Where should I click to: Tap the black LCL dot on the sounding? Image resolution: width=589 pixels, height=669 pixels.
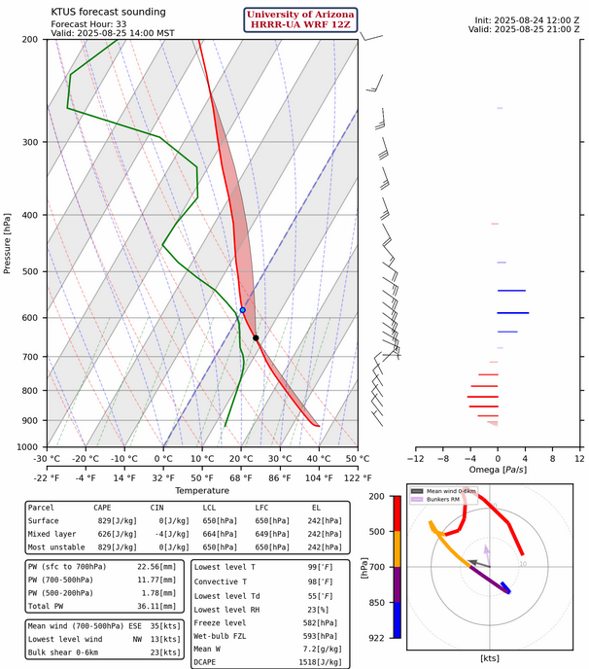click(x=256, y=338)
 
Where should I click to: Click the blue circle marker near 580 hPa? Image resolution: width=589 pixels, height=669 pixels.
click(x=243, y=310)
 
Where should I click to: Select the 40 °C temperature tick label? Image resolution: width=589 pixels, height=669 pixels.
click(x=318, y=459)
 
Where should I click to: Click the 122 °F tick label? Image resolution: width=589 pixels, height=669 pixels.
click(x=358, y=477)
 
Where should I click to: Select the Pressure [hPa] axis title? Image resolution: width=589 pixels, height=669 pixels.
click(x=8, y=243)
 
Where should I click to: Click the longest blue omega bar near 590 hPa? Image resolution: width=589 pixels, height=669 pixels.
click(x=512, y=312)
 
